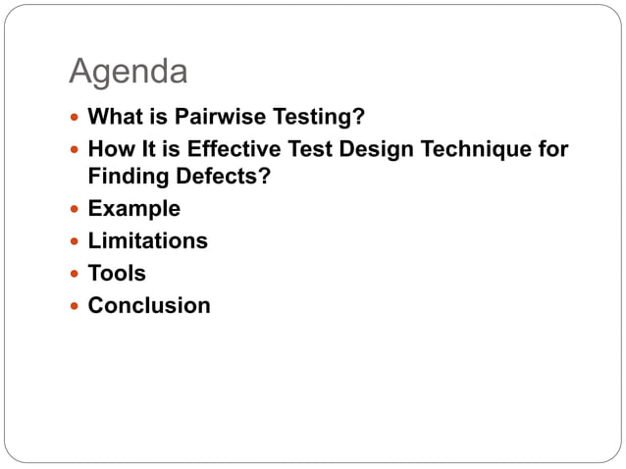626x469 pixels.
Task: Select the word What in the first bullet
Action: click(x=113, y=118)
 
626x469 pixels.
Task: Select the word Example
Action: click(x=134, y=209)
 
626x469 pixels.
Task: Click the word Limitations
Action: click(x=147, y=240)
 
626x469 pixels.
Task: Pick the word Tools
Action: click(x=117, y=273)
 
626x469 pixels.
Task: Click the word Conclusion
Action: click(x=149, y=305)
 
